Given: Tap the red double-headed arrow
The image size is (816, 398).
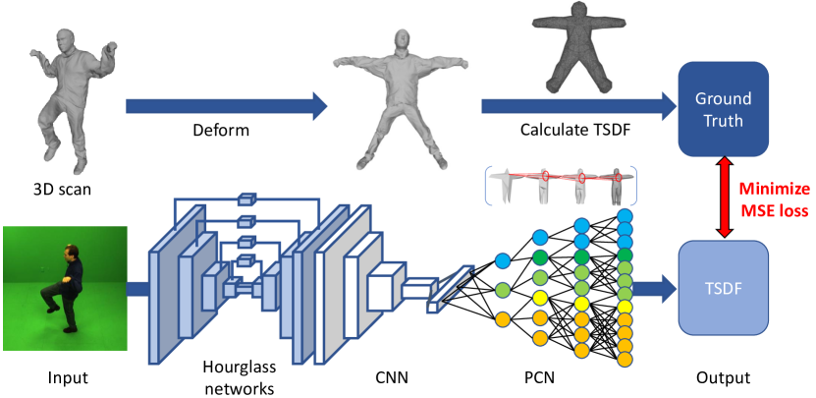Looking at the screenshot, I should [x=725, y=197].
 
